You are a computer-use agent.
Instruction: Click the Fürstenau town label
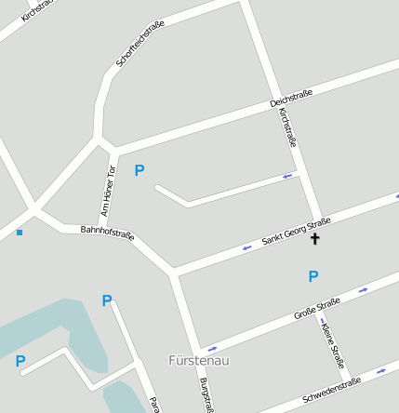(x=198, y=360)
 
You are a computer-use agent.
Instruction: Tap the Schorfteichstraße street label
(x=140, y=44)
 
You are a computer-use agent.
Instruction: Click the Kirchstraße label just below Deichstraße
(x=286, y=127)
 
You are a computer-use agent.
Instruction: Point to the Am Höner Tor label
(x=108, y=191)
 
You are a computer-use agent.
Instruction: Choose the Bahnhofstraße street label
(x=107, y=233)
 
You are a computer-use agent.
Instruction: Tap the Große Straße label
(x=317, y=309)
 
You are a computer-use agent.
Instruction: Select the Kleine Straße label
(x=332, y=343)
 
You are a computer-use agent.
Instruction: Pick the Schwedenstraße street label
(x=331, y=392)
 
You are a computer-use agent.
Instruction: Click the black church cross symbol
(x=314, y=239)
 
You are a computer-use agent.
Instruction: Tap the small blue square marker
(x=20, y=233)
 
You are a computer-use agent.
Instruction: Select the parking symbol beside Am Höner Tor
(x=140, y=170)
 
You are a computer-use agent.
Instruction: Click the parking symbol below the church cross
(x=313, y=276)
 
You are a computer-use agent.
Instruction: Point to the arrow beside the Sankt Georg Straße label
(x=246, y=247)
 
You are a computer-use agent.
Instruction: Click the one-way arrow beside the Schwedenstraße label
(x=381, y=371)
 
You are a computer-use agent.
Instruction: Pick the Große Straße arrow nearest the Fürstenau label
(x=213, y=350)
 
